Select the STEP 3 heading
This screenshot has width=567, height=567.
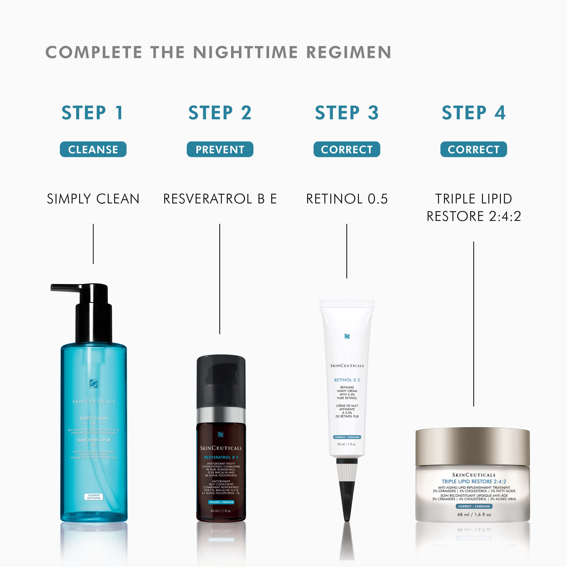pyautogui.click(x=347, y=113)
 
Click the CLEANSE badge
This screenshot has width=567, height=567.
pyautogui.click(x=93, y=149)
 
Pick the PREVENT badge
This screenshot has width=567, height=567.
pyautogui.click(x=220, y=149)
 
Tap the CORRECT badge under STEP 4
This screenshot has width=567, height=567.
pyautogui.click(x=473, y=149)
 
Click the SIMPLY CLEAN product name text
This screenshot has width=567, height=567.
pyautogui.click(x=93, y=199)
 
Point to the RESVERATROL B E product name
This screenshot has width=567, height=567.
pyautogui.click(x=220, y=199)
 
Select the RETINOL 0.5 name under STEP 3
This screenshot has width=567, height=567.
pyautogui.click(x=347, y=199)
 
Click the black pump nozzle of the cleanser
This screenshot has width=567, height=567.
pyautogui.click(x=68, y=288)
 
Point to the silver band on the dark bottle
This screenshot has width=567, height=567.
pyautogui.click(x=221, y=414)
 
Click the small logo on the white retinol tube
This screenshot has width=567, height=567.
pyautogui.click(x=347, y=336)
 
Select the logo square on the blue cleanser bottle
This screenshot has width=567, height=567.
pyautogui.click(x=94, y=384)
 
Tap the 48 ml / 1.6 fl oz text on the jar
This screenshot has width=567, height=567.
pyautogui.click(x=474, y=515)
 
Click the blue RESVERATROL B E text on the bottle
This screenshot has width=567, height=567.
pyautogui.click(x=221, y=457)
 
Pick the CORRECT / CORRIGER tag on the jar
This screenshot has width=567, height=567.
pyautogui.click(x=474, y=506)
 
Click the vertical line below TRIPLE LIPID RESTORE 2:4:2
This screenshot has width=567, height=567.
pyautogui.click(x=473, y=323)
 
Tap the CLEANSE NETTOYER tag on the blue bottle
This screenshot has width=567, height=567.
pyautogui.click(x=94, y=497)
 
